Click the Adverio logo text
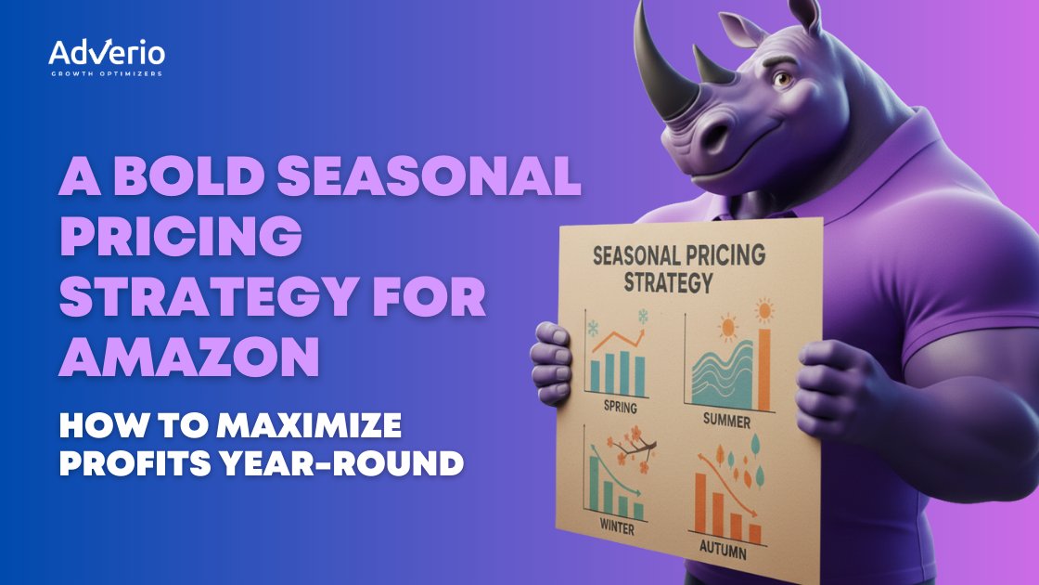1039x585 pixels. tap(107, 52)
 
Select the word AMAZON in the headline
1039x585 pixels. tap(190, 357)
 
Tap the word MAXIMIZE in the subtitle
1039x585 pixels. tap(309, 425)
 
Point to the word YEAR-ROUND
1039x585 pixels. tap(341, 463)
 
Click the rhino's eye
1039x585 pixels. tap(783, 80)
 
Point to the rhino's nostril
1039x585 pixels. tap(715, 135)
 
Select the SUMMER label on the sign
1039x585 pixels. tap(726, 420)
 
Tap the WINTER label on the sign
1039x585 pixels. tap(617, 527)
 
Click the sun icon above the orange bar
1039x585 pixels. tap(764, 310)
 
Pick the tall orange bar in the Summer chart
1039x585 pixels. tap(764, 369)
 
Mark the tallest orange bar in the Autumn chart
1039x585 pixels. tap(699, 502)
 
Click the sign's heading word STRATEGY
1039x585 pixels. tap(668, 282)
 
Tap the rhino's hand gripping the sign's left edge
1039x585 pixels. tap(552, 363)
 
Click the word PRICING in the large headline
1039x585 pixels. tap(181, 236)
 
